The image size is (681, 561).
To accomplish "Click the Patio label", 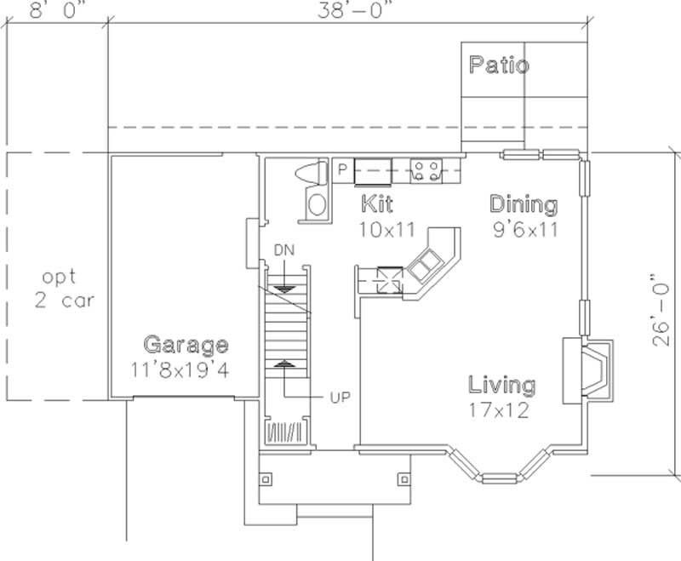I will click(x=499, y=65).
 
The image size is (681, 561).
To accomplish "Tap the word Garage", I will click(x=186, y=345).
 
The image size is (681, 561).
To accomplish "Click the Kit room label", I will click(x=377, y=204).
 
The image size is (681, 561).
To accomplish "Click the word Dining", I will click(x=524, y=204).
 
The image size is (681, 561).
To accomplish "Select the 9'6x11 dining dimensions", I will click(x=524, y=228).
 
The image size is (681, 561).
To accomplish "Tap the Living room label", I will click(x=502, y=385).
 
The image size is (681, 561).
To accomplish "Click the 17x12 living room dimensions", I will click(x=500, y=409).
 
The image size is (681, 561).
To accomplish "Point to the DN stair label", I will click(x=283, y=249).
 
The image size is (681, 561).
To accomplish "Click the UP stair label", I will click(x=340, y=397).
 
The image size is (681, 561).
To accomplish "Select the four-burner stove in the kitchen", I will click(x=424, y=169).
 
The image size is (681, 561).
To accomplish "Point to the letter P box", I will click(x=341, y=169).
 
